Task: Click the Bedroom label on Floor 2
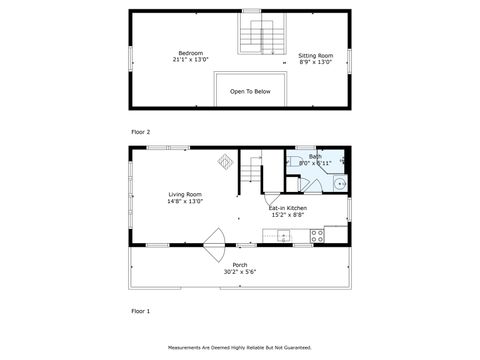coord(190,53)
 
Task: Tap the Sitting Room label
coord(315,56)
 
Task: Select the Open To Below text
coord(250,92)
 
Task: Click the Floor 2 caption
coord(141,132)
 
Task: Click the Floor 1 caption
coord(141,311)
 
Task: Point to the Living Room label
coord(185,194)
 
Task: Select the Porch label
coord(240,265)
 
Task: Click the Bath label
coord(315,157)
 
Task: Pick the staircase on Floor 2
coord(260,35)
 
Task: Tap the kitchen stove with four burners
coord(317,237)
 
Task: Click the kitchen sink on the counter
coord(283,237)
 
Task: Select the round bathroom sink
coord(338,184)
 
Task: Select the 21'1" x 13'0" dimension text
coord(190,61)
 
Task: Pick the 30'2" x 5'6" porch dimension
coord(240,272)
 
